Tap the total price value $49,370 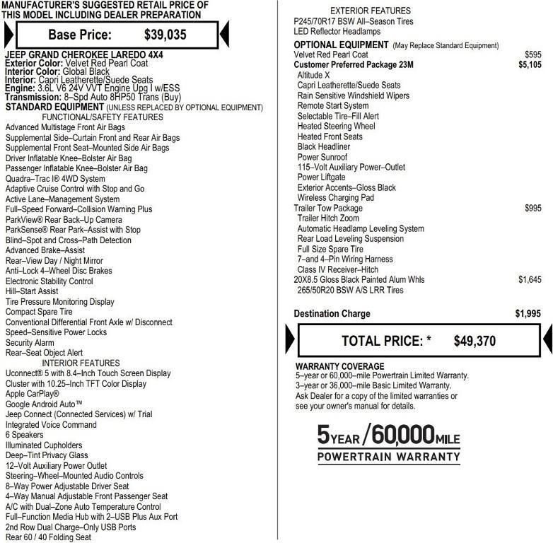pos(475,341)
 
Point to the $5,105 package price pos(530,65)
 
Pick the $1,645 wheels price pos(530,280)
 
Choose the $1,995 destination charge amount pos(529,314)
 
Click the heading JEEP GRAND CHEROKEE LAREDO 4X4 pos(83,54)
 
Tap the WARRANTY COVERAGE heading pos(339,366)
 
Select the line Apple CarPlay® pos(33,394)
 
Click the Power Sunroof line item pos(322,157)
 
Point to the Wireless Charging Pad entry pos(335,198)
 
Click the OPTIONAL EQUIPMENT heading pos(341,45)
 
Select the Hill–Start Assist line pos(32,291)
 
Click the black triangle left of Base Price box pos(8,34)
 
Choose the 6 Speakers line pos(25,435)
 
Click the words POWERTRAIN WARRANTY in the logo pos(388,457)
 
